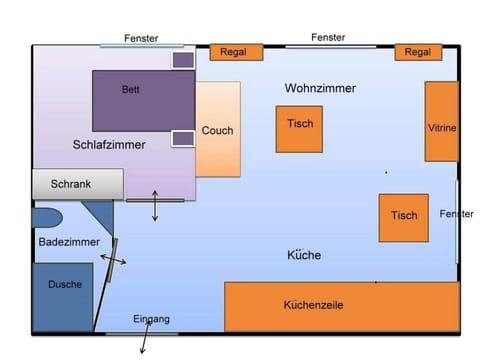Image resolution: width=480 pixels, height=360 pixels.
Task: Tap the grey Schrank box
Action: (78, 184)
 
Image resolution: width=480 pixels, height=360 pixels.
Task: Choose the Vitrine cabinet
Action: (441, 122)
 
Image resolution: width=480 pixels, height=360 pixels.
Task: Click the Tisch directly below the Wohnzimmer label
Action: (299, 129)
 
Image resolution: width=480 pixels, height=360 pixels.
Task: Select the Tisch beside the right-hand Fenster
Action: (403, 217)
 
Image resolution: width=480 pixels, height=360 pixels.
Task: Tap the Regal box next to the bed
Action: (236, 52)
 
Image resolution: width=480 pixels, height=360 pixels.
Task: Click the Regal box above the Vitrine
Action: (418, 52)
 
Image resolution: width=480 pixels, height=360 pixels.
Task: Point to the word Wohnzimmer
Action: (320, 89)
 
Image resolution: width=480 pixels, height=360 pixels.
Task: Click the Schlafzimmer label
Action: (109, 145)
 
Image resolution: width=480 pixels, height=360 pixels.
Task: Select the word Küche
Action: (304, 255)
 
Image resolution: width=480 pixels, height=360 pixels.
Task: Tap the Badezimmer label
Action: (67, 243)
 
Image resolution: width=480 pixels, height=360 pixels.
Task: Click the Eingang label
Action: (151, 319)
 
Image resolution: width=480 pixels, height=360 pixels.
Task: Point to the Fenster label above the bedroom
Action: (141, 38)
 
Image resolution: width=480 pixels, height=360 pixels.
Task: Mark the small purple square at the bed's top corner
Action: (183, 60)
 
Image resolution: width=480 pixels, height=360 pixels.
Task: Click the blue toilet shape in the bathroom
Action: (47, 217)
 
